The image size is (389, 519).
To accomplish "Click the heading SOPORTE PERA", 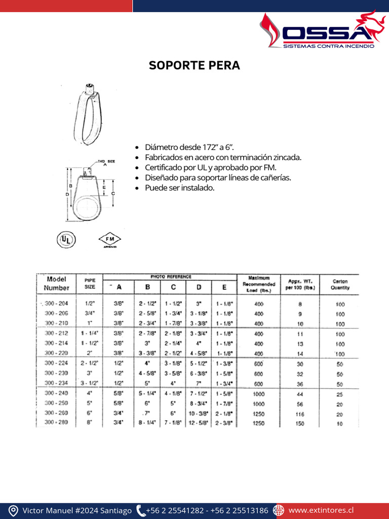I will coord(194,66).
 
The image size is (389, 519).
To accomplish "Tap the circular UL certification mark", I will coord(66,239).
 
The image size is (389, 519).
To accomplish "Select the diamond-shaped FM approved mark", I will coord(110,239).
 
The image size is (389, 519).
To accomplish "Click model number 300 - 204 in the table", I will coord(56,304).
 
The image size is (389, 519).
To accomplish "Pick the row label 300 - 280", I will coord(56,423).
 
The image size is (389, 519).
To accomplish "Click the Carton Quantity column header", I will coord(339,284).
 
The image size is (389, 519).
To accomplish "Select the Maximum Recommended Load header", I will coord(259,284).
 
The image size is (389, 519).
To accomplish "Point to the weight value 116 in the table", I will coord(300,414).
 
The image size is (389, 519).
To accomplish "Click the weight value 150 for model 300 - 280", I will coord(300,423).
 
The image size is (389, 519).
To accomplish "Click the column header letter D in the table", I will coord(199,287).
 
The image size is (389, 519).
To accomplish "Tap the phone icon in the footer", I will coord(140,510).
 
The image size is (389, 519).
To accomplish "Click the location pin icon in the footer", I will coord(14,510).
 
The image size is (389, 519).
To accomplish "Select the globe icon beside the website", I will coord(279,510).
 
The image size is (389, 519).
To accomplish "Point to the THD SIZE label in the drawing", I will coord(106,162).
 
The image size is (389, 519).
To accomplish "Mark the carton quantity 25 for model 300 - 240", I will coord(339,394).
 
